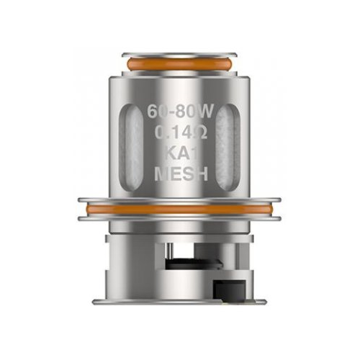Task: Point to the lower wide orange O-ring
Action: point(179,209)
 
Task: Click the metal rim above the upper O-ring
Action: point(179,55)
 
